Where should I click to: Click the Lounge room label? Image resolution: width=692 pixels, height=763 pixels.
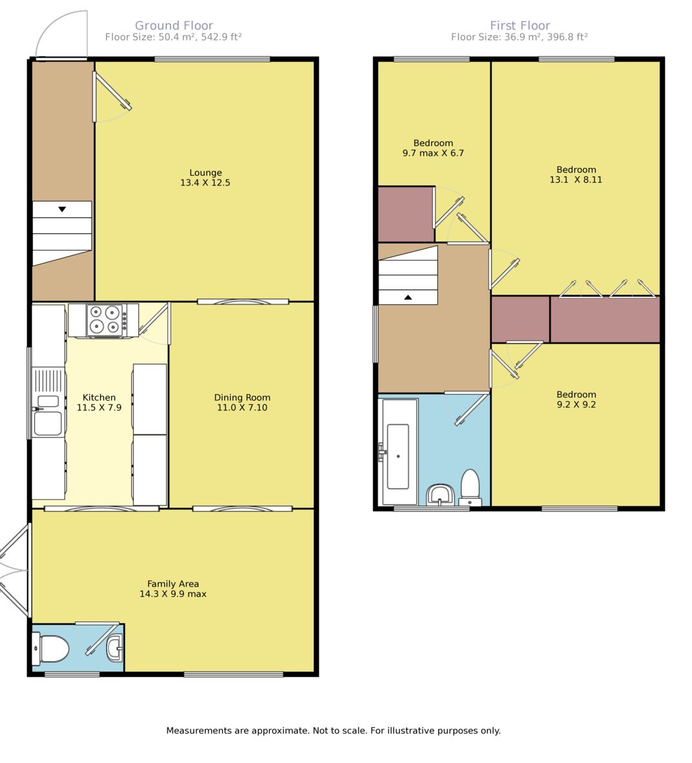click(205, 172)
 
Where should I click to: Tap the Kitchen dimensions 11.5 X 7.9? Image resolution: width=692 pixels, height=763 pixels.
click(100, 407)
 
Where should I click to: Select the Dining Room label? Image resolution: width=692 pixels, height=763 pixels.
click(242, 397)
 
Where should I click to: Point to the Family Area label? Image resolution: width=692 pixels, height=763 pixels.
click(173, 584)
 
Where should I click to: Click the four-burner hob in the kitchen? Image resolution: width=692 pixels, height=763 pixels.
click(105, 320)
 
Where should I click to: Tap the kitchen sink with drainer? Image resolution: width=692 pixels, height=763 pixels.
click(48, 402)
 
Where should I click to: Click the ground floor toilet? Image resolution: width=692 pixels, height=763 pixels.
click(50, 649)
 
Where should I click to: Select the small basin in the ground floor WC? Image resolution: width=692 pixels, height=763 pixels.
click(114, 648)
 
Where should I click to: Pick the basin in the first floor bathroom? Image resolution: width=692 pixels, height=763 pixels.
click(441, 496)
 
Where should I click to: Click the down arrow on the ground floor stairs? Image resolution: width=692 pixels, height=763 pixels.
click(62, 209)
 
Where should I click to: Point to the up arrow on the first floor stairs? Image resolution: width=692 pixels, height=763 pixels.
click(408, 297)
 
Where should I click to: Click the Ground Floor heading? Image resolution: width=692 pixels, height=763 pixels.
click(174, 25)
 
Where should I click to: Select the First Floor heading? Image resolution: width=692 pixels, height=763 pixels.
click(519, 25)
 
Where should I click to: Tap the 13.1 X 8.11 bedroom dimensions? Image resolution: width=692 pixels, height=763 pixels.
click(576, 180)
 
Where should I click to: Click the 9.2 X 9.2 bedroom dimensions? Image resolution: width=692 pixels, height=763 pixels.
click(576, 404)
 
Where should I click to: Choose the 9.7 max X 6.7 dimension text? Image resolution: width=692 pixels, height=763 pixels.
click(433, 153)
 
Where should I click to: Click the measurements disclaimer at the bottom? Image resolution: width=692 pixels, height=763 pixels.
click(333, 731)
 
